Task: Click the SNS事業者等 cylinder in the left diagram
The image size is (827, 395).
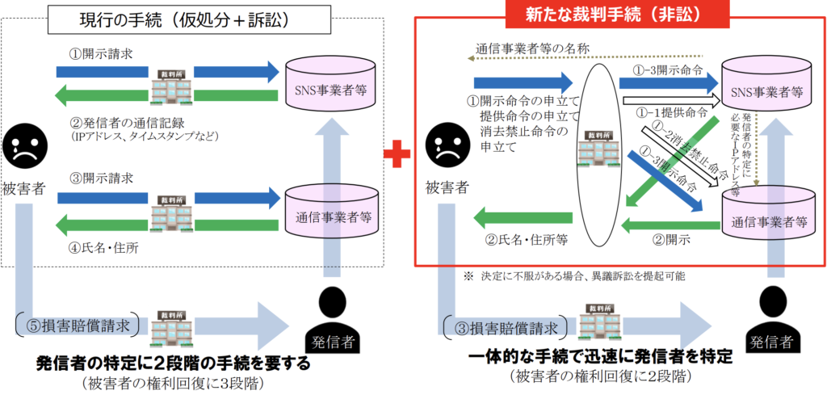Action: (x=330, y=84)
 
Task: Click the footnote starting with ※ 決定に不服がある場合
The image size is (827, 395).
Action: (x=573, y=276)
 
